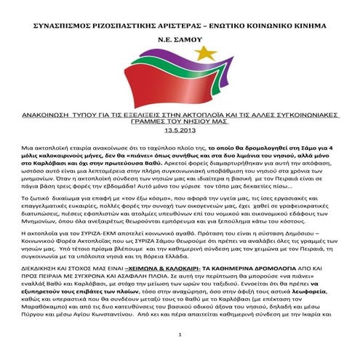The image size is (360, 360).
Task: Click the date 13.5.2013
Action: [x=180, y=130]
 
